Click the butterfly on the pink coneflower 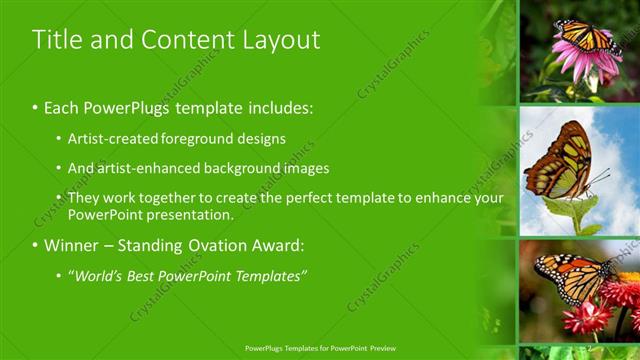586,38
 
